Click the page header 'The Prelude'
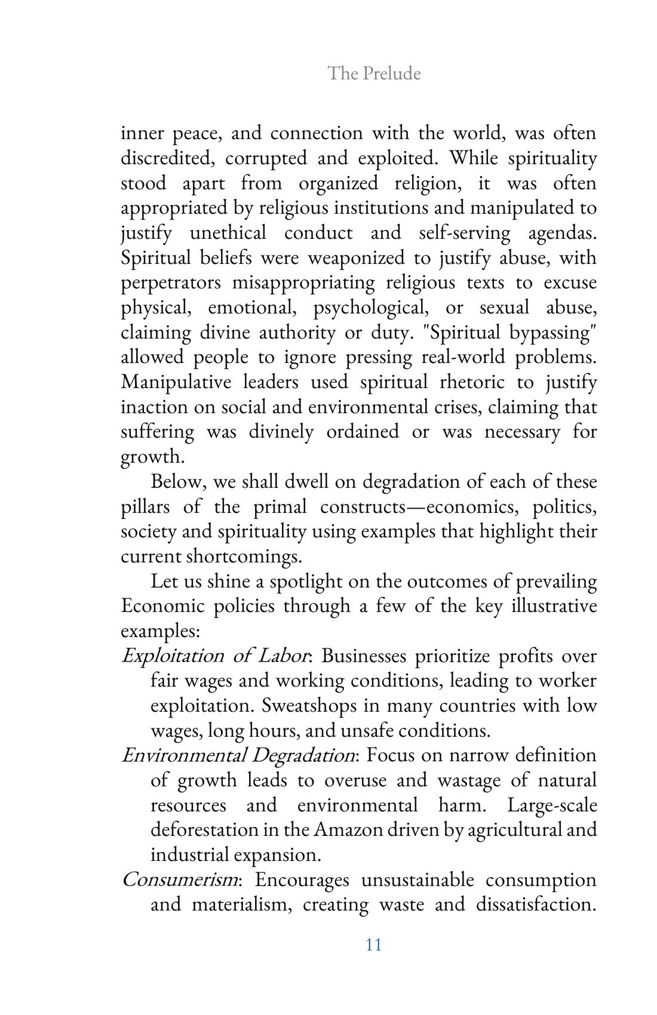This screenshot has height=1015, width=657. click(374, 73)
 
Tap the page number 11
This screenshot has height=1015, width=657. click(373, 944)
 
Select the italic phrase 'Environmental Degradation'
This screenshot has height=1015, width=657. click(238, 755)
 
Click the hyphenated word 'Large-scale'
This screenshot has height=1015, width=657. click(552, 805)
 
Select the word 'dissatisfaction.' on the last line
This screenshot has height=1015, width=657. click(536, 905)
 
